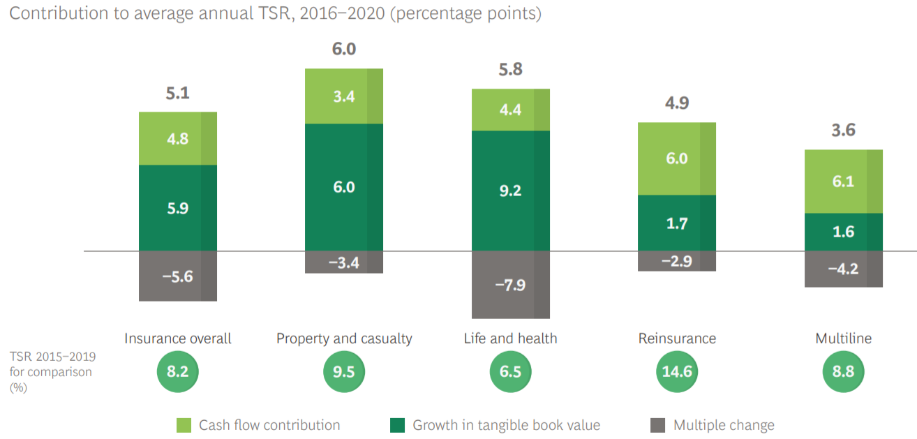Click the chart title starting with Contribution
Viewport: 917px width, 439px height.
point(275,14)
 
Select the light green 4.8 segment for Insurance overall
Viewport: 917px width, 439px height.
point(178,138)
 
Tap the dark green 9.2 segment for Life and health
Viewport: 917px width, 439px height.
point(511,191)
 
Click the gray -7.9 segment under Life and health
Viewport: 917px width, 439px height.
point(511,285)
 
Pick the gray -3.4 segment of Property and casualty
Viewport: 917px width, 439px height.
point(344,262)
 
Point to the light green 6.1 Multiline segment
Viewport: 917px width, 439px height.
point(843,181)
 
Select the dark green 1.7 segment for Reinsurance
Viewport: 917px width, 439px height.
point(677,223)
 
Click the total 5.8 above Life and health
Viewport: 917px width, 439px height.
point(511,70)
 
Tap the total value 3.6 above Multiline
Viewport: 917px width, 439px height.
point(843,131)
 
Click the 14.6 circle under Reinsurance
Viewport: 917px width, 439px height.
point(677,371)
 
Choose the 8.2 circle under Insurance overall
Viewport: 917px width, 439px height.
point(178,371)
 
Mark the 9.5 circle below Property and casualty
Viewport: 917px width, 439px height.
point(344,371)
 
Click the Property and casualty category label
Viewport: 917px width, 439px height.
point(344,338)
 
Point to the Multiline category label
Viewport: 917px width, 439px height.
point(843,338)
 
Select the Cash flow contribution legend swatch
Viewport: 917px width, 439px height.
point(184,425)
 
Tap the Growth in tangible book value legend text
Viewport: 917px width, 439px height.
point(506,425)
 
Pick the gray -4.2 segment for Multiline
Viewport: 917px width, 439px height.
point(843,269)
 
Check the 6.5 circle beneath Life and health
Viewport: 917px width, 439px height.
point(511,371)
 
